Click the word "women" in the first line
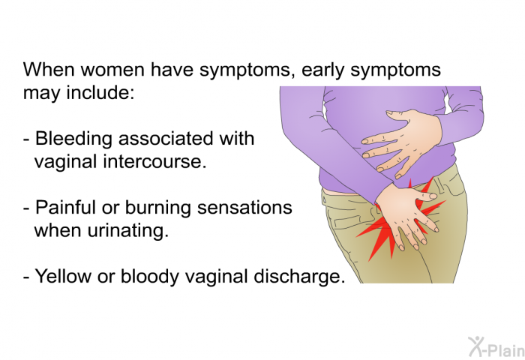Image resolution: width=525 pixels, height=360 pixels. pyautogui.click(x=112, y=70)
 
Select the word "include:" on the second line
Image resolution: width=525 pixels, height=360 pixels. pyautogui.click(x=100, y=92)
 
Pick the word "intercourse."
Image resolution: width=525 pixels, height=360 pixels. pyautogui.click(x=154, y=161)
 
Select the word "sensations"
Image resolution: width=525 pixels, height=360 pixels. pyautogui.click(x=244, y=207)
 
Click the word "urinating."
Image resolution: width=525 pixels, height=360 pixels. pyautogui.click(x=127, y=232)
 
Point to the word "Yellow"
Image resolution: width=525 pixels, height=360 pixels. pyautogui.click(x=63, y=276)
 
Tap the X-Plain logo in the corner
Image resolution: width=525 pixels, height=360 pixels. pyautogui.click(x=496, y=347)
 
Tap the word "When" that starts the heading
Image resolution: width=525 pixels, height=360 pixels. pyautogui.click(x=49, y=70)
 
